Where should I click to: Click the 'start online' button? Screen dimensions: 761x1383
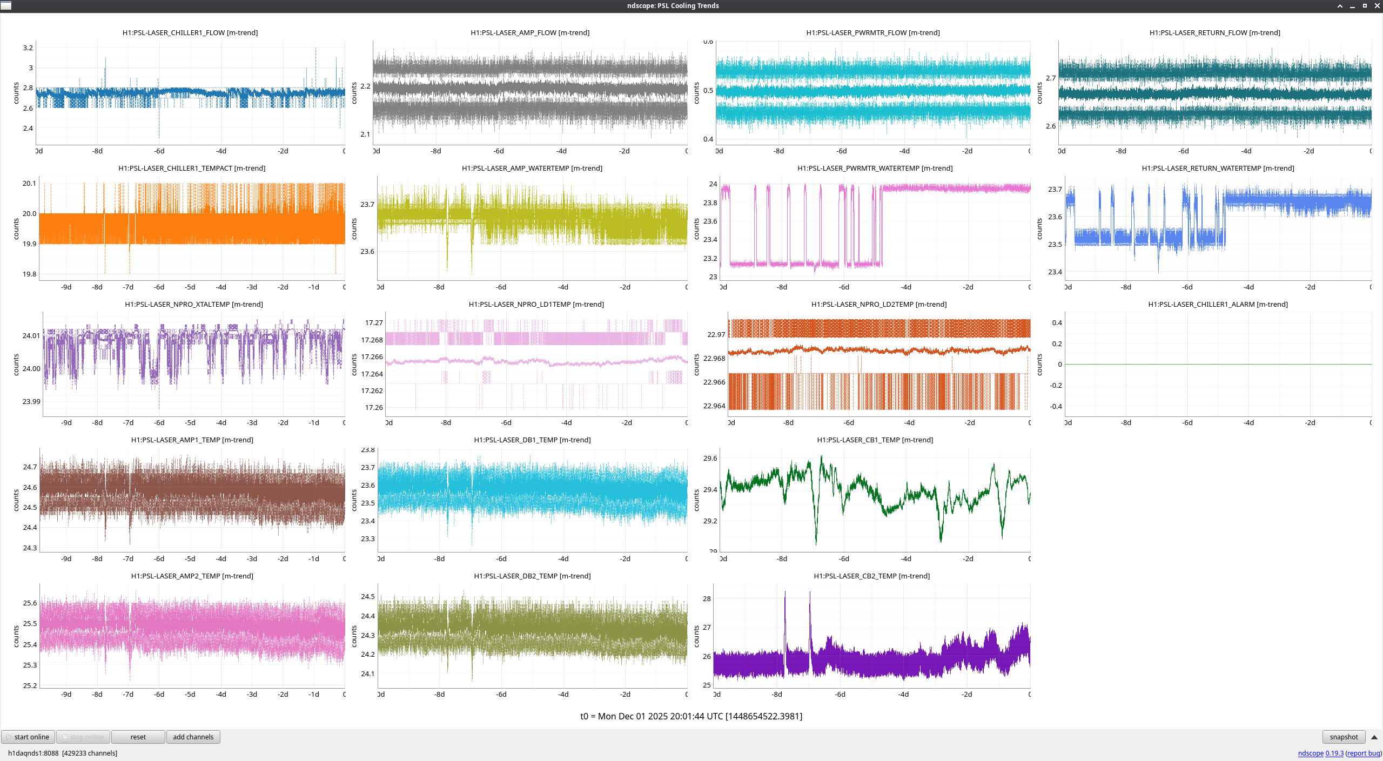(x=28, y=737)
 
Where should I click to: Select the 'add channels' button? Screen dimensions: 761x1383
(x=193, y=737)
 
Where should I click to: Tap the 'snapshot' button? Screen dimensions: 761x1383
(x=1344, y=737)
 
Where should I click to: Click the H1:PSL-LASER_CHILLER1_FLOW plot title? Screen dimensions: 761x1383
(x=190, y=33)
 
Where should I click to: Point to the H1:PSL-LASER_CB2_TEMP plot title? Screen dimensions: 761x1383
(x=871, y=576)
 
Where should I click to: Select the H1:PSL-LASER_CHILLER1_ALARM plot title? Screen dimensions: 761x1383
(x=1218, y=305)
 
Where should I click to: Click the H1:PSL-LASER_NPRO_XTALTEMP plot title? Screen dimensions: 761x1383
(x=194, y=305)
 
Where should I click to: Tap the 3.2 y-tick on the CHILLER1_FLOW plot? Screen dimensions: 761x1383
(x=28, y=48)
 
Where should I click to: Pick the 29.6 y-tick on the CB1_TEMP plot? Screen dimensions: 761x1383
(x=710, y=459)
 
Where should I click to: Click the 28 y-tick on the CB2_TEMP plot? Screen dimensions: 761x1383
(x=707, y=599)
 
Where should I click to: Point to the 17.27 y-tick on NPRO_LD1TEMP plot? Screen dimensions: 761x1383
(x=374, y=323)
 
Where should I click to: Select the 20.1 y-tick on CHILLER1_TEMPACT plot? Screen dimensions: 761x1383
(x=29, y=184)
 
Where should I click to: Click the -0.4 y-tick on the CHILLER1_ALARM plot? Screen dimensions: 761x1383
(x=1056, y=407)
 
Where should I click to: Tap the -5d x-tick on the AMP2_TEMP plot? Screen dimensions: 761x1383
(x=190, y=695)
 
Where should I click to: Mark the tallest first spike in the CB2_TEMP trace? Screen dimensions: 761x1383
(x=785, y=593)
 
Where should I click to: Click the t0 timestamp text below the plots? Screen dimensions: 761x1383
(x=691, y=716)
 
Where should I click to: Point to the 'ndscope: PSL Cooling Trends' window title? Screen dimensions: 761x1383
(x=673, y=6)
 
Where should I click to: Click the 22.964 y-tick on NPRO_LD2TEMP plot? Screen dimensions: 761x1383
(x=714, y=406)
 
